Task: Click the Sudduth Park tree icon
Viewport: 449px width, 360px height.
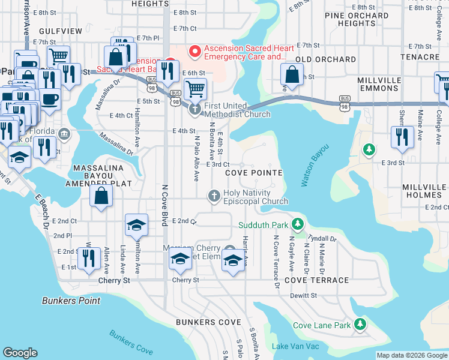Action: pos(297,224)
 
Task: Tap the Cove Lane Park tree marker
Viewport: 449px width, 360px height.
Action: pos(360,325)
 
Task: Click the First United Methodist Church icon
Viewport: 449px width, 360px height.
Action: pos(195,109)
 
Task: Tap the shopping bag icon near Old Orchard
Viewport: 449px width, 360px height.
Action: pos(292,76)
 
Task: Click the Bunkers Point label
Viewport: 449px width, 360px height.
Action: pos(67,300)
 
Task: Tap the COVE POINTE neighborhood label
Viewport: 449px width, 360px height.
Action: pos(254,172)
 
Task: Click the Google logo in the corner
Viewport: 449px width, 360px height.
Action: pos(20,353)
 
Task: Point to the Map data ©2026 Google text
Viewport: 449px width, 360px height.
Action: pos(412,355)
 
